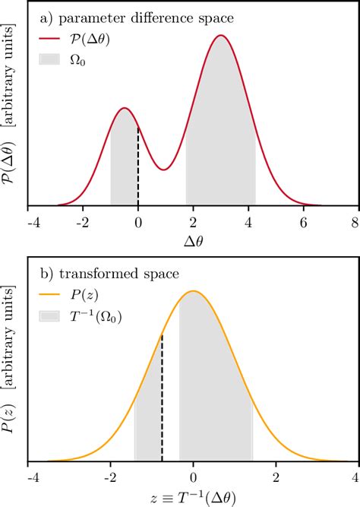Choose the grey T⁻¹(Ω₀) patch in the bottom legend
53,317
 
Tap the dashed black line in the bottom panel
162,399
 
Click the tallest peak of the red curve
221,36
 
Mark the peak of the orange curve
193,291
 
